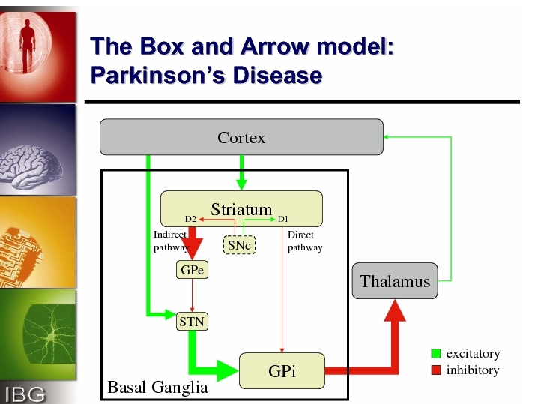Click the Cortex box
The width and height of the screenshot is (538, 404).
pyautogui.click(x=241, y=137)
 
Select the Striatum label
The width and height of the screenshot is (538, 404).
pyautogui.click(x=241, y=209)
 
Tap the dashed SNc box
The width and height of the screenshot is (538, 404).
pyautogui.click(x=240, y=245)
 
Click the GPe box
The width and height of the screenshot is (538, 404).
pyautogui.click(x=192, y=269)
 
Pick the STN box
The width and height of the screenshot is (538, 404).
pyautogui.click(x=192, y=322)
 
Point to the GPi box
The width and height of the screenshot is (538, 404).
pyautogui.click(x=282, y=371)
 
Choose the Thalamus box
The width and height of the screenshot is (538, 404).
pyautogui.click(x=395, y=281)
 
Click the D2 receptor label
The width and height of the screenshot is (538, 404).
pyautogui.click(x=190, y=219)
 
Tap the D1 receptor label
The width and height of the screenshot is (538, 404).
pyautogui.click(x=283, y=219)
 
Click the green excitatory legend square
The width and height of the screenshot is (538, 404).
pyautogui.click(x=436, y=353)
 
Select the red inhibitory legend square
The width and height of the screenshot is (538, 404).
pyautogui.click(x=436, y=370)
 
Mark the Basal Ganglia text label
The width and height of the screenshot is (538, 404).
pyautogui.click(x=157, y=388)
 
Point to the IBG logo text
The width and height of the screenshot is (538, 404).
pyautogui.click(x=25, y=394)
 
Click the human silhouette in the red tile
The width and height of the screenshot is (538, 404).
pyautogui.click(x=28, y=46)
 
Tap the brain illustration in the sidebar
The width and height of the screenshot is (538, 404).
pyautogui.click(x=31, y=167)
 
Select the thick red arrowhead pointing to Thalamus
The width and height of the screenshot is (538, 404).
pyautogui.click(x=395, y=310)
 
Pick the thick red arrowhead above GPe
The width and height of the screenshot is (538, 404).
pyautogui.click(x=192, y=250)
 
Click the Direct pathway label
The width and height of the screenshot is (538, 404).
pyautogui.click(x=305, y=241)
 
